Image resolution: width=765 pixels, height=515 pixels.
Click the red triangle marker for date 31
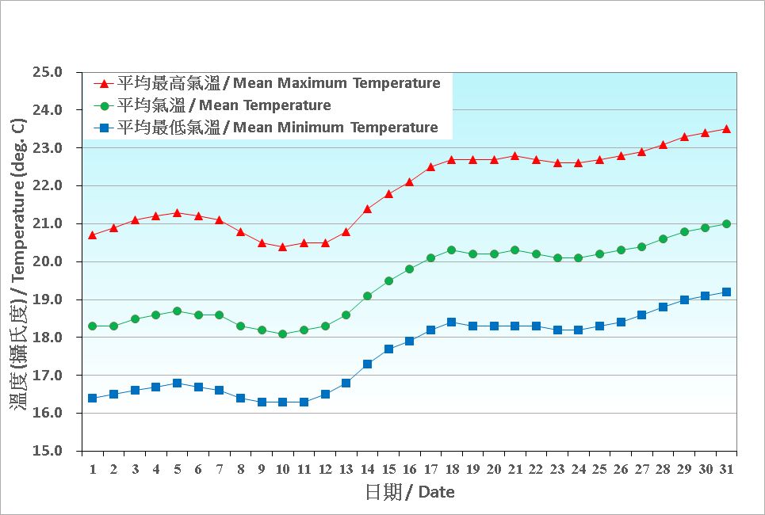(726, 128)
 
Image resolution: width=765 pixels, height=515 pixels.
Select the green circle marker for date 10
(282, 334)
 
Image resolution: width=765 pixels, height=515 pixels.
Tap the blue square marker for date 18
(451, 322)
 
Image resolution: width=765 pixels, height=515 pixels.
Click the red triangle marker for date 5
(177, 212)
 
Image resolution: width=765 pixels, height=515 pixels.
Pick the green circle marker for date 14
(367, 296)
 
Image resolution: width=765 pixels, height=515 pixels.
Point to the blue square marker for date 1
(92, 398)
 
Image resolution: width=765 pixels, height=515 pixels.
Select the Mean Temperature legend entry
(224, 105)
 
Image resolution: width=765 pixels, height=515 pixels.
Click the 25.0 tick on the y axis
(48, 72)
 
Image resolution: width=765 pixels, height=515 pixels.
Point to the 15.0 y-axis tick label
(48, 451)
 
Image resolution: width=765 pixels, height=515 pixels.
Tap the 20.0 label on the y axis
(48, 261)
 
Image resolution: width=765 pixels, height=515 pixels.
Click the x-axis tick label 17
(430, 469)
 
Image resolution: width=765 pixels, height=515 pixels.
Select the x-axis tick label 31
(726, 469)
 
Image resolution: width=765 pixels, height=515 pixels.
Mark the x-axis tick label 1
(92, 469)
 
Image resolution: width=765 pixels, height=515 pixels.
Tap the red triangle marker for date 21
(514, 155)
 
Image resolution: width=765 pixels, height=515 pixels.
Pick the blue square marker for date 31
(726, 292)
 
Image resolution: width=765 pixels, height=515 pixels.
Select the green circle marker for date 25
(599, 254)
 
